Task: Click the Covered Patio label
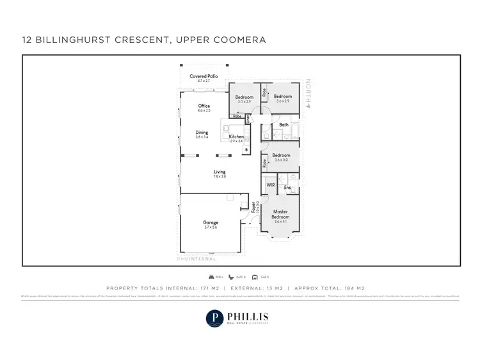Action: pos(204,76)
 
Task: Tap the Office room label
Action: pos(204,106)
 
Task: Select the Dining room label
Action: pos(202,133)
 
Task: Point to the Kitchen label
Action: pos(236,137)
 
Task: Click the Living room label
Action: pos(220,171)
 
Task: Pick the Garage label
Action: pos(211,223)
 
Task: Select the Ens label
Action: pos(287,187)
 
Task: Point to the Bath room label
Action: pos(284,124)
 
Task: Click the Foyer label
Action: pos(253,208)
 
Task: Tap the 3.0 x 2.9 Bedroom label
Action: pos(244,97)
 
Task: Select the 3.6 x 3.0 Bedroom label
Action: pos(282,155)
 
